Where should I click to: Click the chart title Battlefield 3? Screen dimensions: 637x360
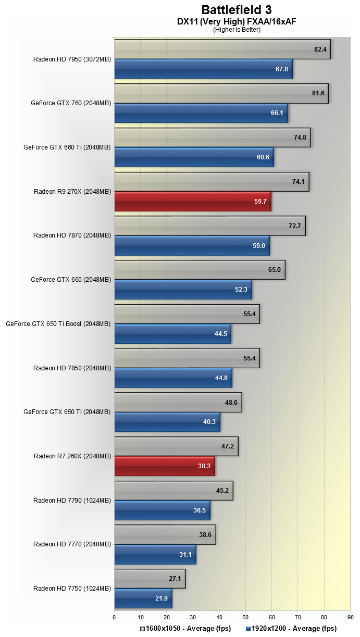tap(237, 10)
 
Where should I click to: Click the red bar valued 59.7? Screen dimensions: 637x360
tap(192, 201)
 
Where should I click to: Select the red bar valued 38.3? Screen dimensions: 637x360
tap(164, 466)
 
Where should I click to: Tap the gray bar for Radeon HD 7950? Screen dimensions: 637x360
tap(222, 49)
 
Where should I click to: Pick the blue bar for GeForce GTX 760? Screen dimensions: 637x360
tap(201, 113)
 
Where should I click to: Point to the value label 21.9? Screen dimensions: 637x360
tap(162, 598)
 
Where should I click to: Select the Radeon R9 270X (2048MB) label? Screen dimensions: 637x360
tap(72, 192)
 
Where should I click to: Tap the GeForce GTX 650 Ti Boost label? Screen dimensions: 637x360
tap(58, 324)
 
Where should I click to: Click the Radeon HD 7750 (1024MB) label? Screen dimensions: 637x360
tap(72, 589)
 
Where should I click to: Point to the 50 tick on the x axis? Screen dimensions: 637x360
tap(245, 618)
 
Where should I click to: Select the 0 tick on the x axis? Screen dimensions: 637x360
tap(115, 618)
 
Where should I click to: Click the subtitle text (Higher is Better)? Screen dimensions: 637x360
tap(237, 30)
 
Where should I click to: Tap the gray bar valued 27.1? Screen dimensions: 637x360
tap(150, 579)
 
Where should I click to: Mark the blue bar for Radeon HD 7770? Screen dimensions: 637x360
tap(155, 555)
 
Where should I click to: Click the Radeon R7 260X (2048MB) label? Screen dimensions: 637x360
tap(72, 456)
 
